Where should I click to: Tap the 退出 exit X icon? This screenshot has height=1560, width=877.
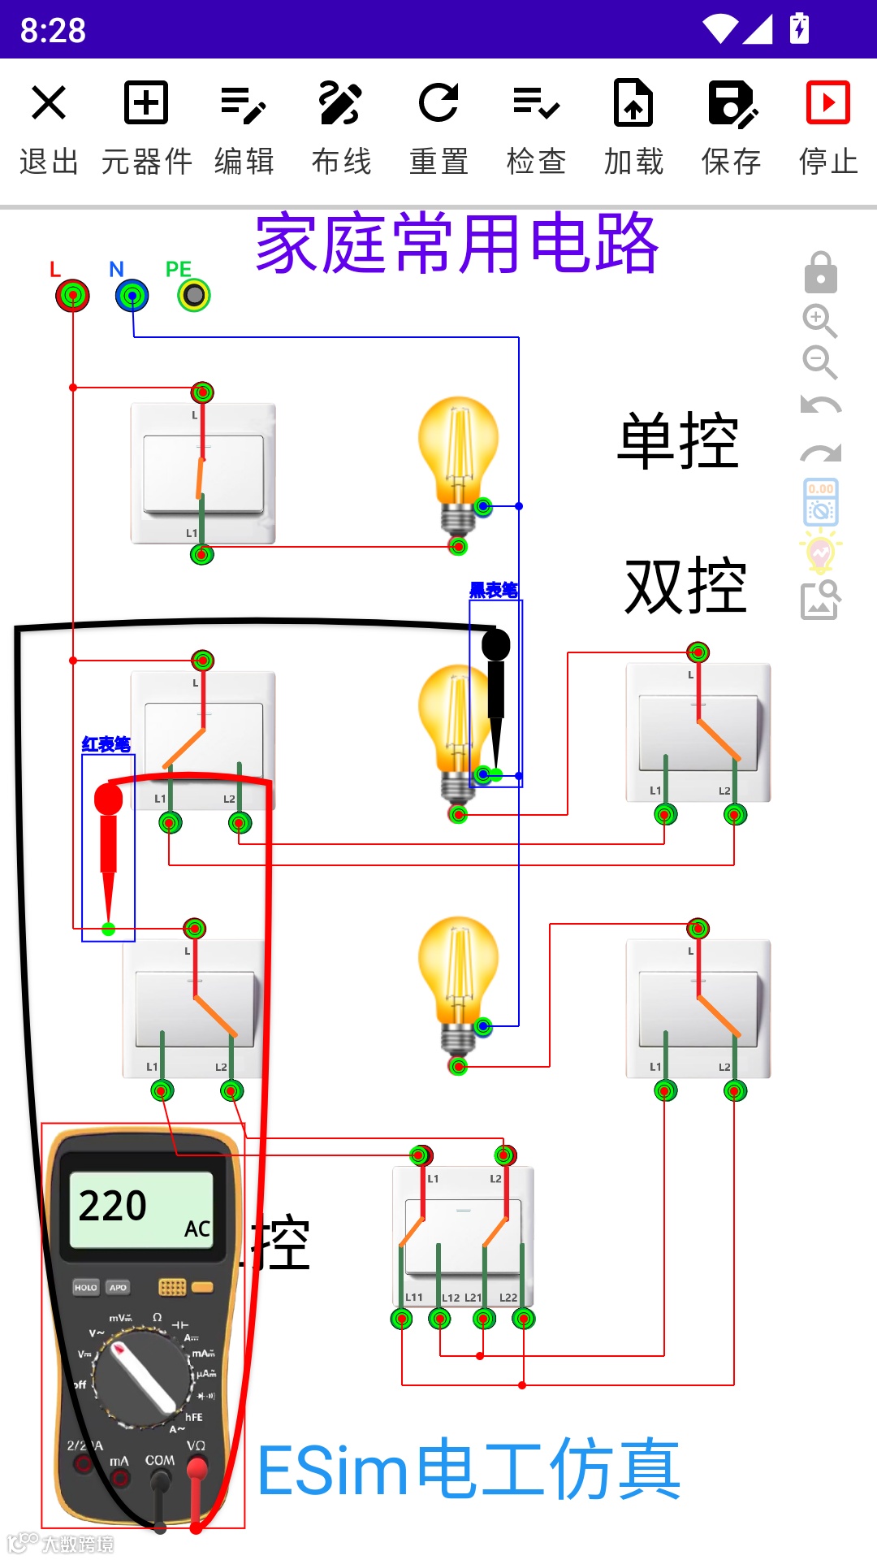point(49,103)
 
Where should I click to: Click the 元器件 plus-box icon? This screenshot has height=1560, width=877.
point(146,103)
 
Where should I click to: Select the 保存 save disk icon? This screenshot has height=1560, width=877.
point(732,103)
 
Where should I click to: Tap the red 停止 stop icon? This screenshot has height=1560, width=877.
point(827,103)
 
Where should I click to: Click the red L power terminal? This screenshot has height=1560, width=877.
point(72,295)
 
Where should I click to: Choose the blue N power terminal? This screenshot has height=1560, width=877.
point(132,296)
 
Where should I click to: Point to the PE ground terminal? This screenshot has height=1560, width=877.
point(194,295)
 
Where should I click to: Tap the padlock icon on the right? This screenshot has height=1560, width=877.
point(820,272)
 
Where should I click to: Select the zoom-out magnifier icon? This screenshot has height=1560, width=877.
point(819,362)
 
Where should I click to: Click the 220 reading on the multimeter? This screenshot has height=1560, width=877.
point(113,1206)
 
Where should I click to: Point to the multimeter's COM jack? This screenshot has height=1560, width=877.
point(160,1480)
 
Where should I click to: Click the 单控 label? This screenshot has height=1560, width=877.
point(678,441)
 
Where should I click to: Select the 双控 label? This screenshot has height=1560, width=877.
point(685,587)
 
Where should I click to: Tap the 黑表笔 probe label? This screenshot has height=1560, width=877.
point(494,591)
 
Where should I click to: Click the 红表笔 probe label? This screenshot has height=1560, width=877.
point(106,744)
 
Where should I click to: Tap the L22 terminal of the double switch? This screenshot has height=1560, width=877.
point(524,1319)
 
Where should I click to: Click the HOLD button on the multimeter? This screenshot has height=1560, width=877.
point(85,1287)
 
